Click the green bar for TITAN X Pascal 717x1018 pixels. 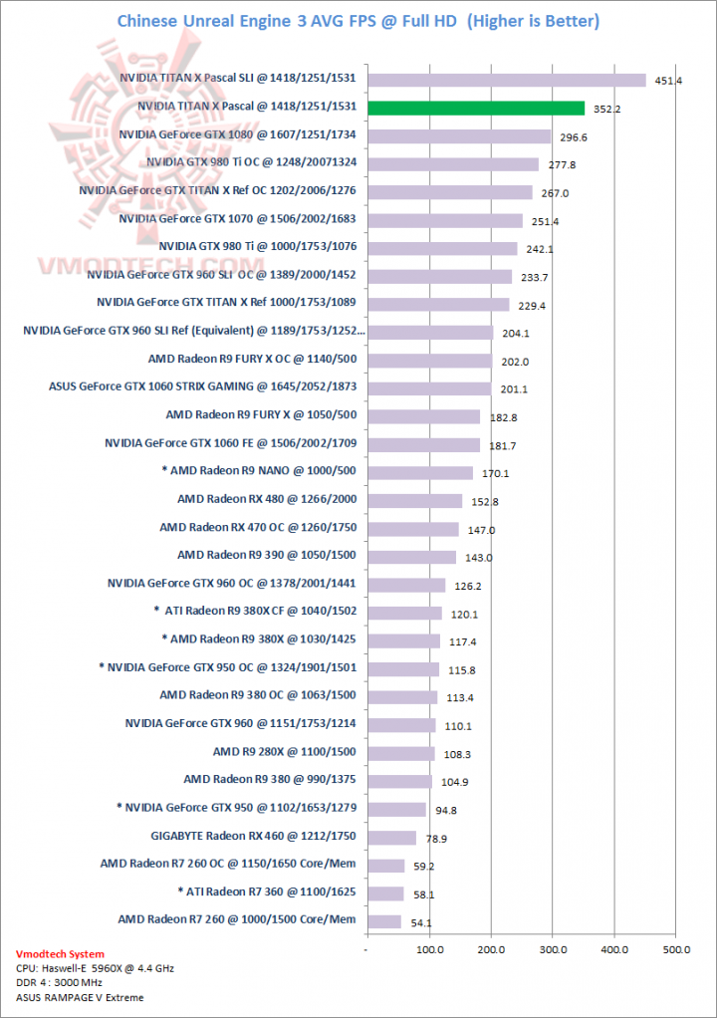pos(476,108)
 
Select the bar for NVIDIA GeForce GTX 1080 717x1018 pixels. pos(459,136)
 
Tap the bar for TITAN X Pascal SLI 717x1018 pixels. pos(507,80)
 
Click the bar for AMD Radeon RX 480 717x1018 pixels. pos(415,501)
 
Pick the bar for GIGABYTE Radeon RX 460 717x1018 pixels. pos(392,838)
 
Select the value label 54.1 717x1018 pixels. pos(420,923)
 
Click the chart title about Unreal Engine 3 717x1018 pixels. pos(358,21)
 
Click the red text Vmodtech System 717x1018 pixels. pos(62,954)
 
